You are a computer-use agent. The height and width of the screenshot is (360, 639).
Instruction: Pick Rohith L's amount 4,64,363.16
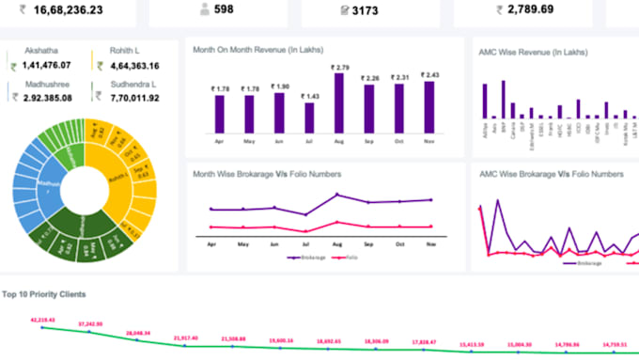pyautogui.click(x=128, y=67)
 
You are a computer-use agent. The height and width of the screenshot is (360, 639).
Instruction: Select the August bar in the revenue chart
pyautogui.click(x=340, y=103)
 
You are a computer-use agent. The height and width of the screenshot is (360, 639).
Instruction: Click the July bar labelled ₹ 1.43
pyautogui.click(x=309, y=117)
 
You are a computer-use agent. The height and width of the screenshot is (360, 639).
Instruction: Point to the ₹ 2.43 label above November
pyautogui.click(x=430, y=74)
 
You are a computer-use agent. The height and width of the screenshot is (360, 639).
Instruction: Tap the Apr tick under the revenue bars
pyautogui.click(x=219, y=141)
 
